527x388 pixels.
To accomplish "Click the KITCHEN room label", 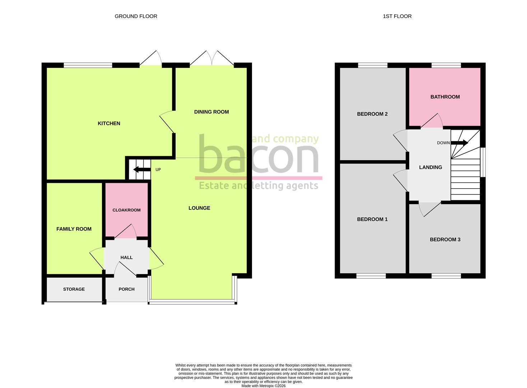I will coord(109,123).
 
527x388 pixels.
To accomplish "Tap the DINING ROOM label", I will coord(211,112).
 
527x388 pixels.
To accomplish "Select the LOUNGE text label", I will coord(199,208).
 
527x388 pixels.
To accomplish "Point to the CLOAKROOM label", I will coord(126,210).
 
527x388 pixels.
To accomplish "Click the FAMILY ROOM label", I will coord(74,229).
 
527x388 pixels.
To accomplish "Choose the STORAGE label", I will coord(74,289).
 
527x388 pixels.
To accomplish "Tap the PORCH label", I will coord(126,289).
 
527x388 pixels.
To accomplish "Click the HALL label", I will coord(126,258).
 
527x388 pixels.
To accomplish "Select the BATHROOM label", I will coord(445,97).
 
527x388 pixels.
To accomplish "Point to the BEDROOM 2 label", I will coord(372,114).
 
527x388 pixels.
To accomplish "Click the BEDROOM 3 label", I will coord(445,240).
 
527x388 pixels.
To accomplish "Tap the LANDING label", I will coord(430,167).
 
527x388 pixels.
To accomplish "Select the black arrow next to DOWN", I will coord(460,143).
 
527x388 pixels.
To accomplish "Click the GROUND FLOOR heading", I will coord(136,16).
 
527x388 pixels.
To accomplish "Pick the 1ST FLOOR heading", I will coord(397,16).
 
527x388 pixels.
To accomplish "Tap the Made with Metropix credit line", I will coord(263,386).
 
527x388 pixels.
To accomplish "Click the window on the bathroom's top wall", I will coord(446,65).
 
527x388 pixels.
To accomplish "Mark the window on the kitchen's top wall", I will coord(88,65).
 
